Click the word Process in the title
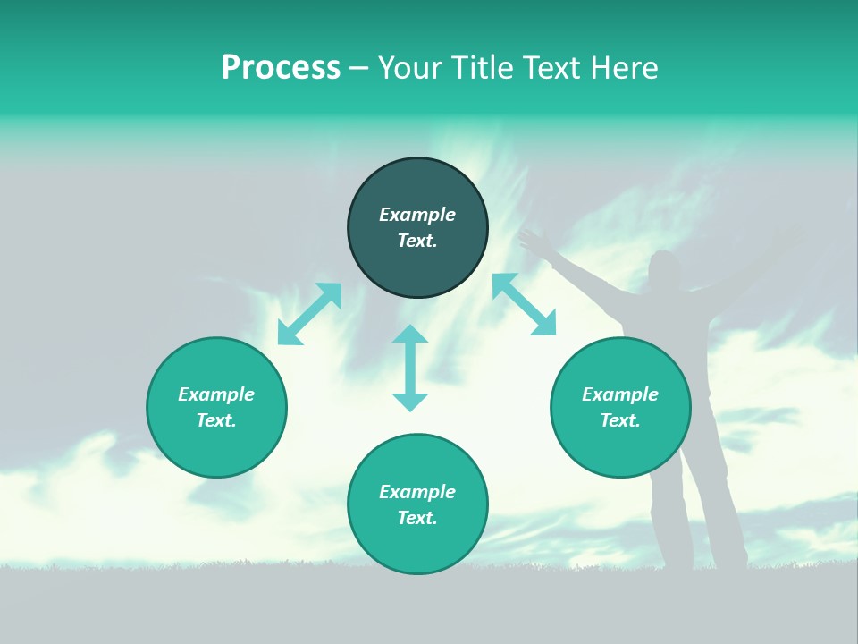pyautogui.click(x=281, y=68)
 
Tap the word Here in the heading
pyautogui.click(x=623, y=68)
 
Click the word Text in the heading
pyautogui.click(x=551, y=68)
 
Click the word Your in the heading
pyautogui.click(x=411, y=68)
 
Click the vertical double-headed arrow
pyautogui.click(x=410, y=368)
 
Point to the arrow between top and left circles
pyautogui.click(x=309, y=314)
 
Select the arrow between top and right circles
pyautogui.click(x=524, y=304)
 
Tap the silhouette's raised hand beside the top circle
pyautogui.click(x=534, y=240)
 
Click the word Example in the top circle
pyautogui.click(x=417, y=215)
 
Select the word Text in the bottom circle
pyautogui.click(x=417, y=518)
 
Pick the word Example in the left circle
pyautogui.click(x=216, y=394)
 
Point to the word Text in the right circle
pyautogui.click(x=620, y=420)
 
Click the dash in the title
pyautogui.click(x=359, y=68)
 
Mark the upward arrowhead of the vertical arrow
pyautogui.click(x=410, y=335)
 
